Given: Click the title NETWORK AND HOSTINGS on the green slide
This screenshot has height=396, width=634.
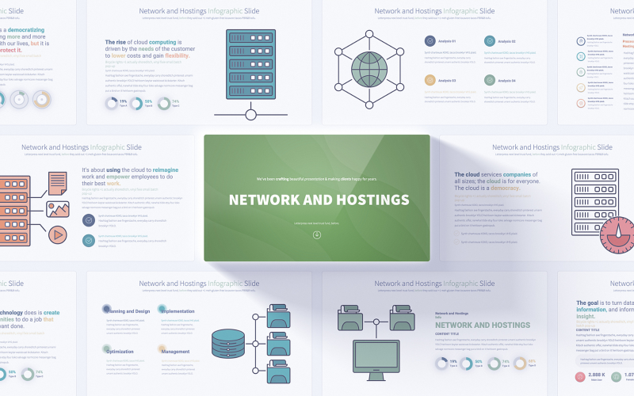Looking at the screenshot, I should [319, 200].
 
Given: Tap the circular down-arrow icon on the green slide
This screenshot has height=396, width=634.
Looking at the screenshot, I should [317, 234].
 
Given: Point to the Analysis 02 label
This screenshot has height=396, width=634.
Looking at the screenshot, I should [506, 41].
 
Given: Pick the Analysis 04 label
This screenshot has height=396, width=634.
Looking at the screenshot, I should [506, 80].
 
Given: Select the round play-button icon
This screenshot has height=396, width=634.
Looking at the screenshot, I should [58, 234].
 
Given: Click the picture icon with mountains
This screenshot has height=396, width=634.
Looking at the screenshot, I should [58, 209].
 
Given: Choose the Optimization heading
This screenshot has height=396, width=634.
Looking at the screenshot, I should [119, 351].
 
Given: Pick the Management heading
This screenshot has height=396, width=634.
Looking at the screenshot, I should [175, 351].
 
